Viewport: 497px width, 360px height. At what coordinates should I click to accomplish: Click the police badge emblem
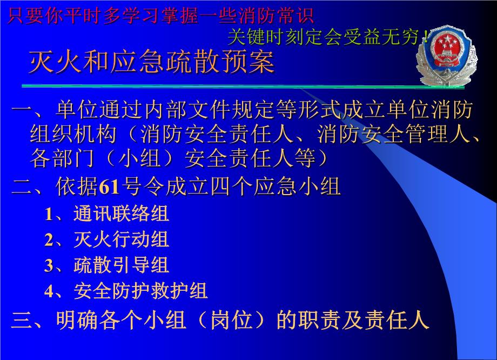pos(446,56)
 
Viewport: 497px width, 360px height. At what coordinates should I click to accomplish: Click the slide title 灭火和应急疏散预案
pos(152,62)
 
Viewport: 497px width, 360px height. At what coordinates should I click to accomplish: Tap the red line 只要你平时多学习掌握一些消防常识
pos(160,16)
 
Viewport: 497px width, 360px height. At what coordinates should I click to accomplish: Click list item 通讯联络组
pos(121,213)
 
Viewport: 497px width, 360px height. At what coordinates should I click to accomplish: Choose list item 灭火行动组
pos(121,239)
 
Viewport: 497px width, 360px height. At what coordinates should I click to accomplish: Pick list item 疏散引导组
pos(121,265)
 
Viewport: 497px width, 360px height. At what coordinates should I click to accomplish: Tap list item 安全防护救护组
pos(140,291)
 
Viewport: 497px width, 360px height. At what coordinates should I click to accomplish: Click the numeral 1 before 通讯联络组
pos(49,214)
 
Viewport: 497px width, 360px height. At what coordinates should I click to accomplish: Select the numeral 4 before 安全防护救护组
pos(49,291)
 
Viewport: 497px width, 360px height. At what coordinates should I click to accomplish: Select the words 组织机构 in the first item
pos(73,134)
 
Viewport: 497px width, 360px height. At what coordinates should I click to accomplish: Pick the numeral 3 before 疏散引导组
pos(49,266)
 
